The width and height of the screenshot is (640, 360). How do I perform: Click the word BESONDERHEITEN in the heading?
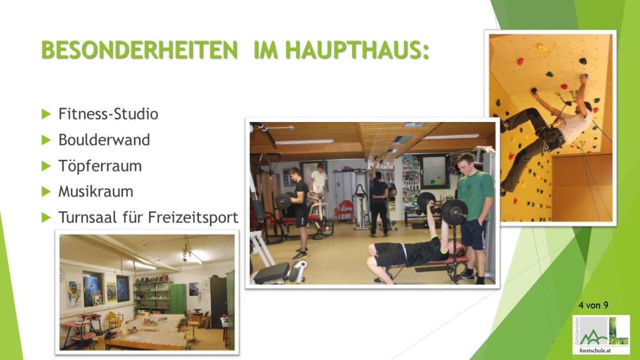[x=139, y=50]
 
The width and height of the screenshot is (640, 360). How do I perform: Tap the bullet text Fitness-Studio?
[x=108, y=114]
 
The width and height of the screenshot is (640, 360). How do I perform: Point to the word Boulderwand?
[x=104, y=140]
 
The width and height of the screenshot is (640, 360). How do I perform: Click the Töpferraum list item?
[x=100, y=166]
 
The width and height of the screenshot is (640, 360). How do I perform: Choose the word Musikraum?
[x=96, y=191]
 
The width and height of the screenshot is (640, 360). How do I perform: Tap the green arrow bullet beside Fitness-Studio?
[x=46, y=114]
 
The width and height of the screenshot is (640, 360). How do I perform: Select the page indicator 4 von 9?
[x=593, y=305]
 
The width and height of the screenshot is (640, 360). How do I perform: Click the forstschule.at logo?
[x=601, y=335]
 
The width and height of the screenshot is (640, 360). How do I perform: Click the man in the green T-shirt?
[x=474, y=216]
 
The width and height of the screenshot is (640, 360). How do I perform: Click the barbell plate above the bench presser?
[x=454, y=212]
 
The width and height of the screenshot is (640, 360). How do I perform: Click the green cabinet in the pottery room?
[x=178, y=299]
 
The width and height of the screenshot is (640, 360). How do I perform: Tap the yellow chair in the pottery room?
[x=114, y=319]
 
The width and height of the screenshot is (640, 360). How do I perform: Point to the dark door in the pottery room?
[x=219, y=303]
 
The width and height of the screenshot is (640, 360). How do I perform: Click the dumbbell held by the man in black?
[x=283, y=201]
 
